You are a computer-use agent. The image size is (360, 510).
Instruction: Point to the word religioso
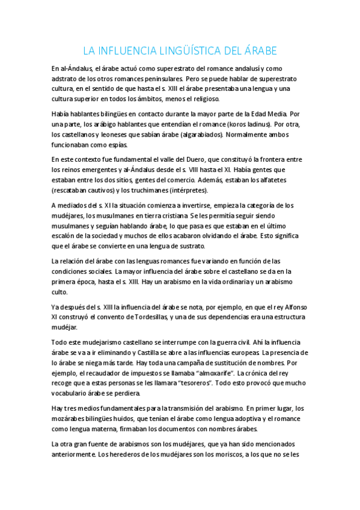click(203, 99)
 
